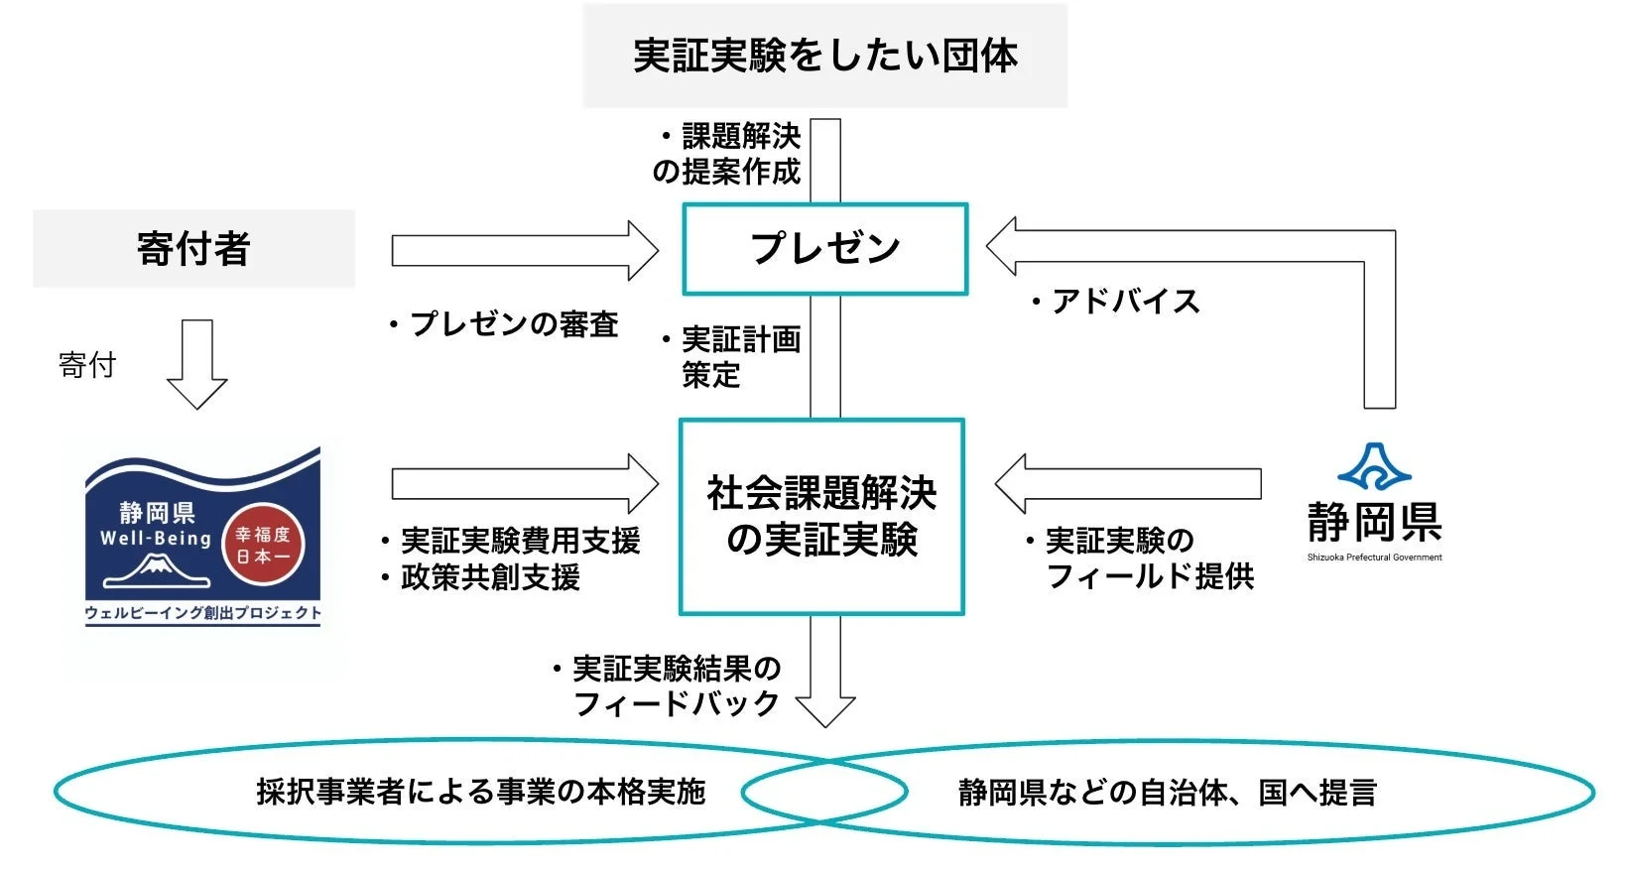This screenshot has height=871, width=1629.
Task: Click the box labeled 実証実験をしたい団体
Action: [824, 56]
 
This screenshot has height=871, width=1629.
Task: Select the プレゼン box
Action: [824, 249]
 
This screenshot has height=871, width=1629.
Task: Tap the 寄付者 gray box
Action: [193, 248]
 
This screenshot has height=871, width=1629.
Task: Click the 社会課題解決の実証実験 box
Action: [821, 517]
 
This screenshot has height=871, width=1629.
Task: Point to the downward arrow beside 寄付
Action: [196, 364]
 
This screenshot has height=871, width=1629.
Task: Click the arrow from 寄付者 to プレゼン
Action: [524, 250]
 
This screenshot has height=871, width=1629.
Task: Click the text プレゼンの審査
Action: [513, 324]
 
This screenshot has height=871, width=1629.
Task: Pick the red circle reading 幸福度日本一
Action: [263, 545]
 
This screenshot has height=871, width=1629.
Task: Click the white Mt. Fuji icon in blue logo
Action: [156, 571]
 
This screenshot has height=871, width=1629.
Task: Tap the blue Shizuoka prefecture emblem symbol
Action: [1374, 468]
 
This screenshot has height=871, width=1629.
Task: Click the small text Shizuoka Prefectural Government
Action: [1374, 558]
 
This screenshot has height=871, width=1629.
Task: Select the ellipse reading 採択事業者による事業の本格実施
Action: [480, 792]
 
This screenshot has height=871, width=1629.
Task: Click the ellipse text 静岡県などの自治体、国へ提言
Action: [1168, 793]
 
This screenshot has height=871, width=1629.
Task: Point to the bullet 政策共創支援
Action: [490, 577]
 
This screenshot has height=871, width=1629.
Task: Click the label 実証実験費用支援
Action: [520, 541]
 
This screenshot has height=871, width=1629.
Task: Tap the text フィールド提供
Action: [1150, 576]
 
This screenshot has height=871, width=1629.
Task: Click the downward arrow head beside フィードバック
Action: [825, 711]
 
